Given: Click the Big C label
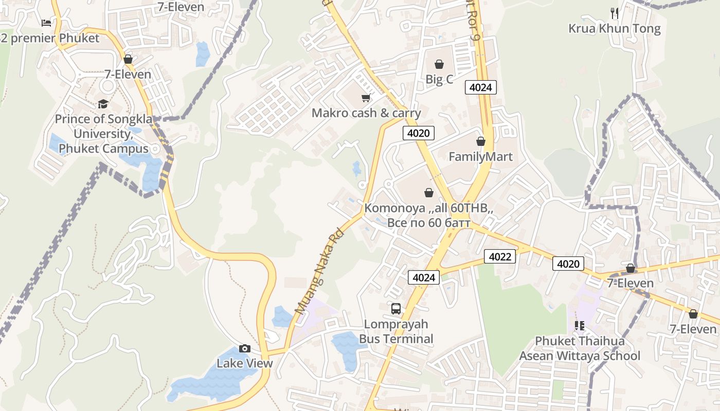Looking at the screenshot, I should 439,80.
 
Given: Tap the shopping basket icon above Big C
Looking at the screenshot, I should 439,64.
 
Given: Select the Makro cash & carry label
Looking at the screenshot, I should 366,113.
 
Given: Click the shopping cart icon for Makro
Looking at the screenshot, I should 366,98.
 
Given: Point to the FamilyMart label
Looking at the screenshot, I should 480,157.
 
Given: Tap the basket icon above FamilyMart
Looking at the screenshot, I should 481,141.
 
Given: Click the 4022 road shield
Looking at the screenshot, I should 500,256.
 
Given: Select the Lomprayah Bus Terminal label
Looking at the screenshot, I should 396,331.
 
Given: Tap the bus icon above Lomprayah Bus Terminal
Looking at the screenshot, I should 396,308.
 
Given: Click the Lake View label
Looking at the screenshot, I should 244,363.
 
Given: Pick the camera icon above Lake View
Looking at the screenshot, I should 245,348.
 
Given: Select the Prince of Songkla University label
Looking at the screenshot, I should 103,134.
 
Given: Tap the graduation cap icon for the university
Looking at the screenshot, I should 103,104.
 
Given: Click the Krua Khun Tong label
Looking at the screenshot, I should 614,29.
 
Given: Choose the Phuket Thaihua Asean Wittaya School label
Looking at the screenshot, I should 580,348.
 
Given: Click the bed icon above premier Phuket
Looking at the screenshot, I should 46,23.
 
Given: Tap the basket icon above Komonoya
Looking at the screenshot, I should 428,193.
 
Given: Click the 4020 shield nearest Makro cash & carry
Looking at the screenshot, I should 418,133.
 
